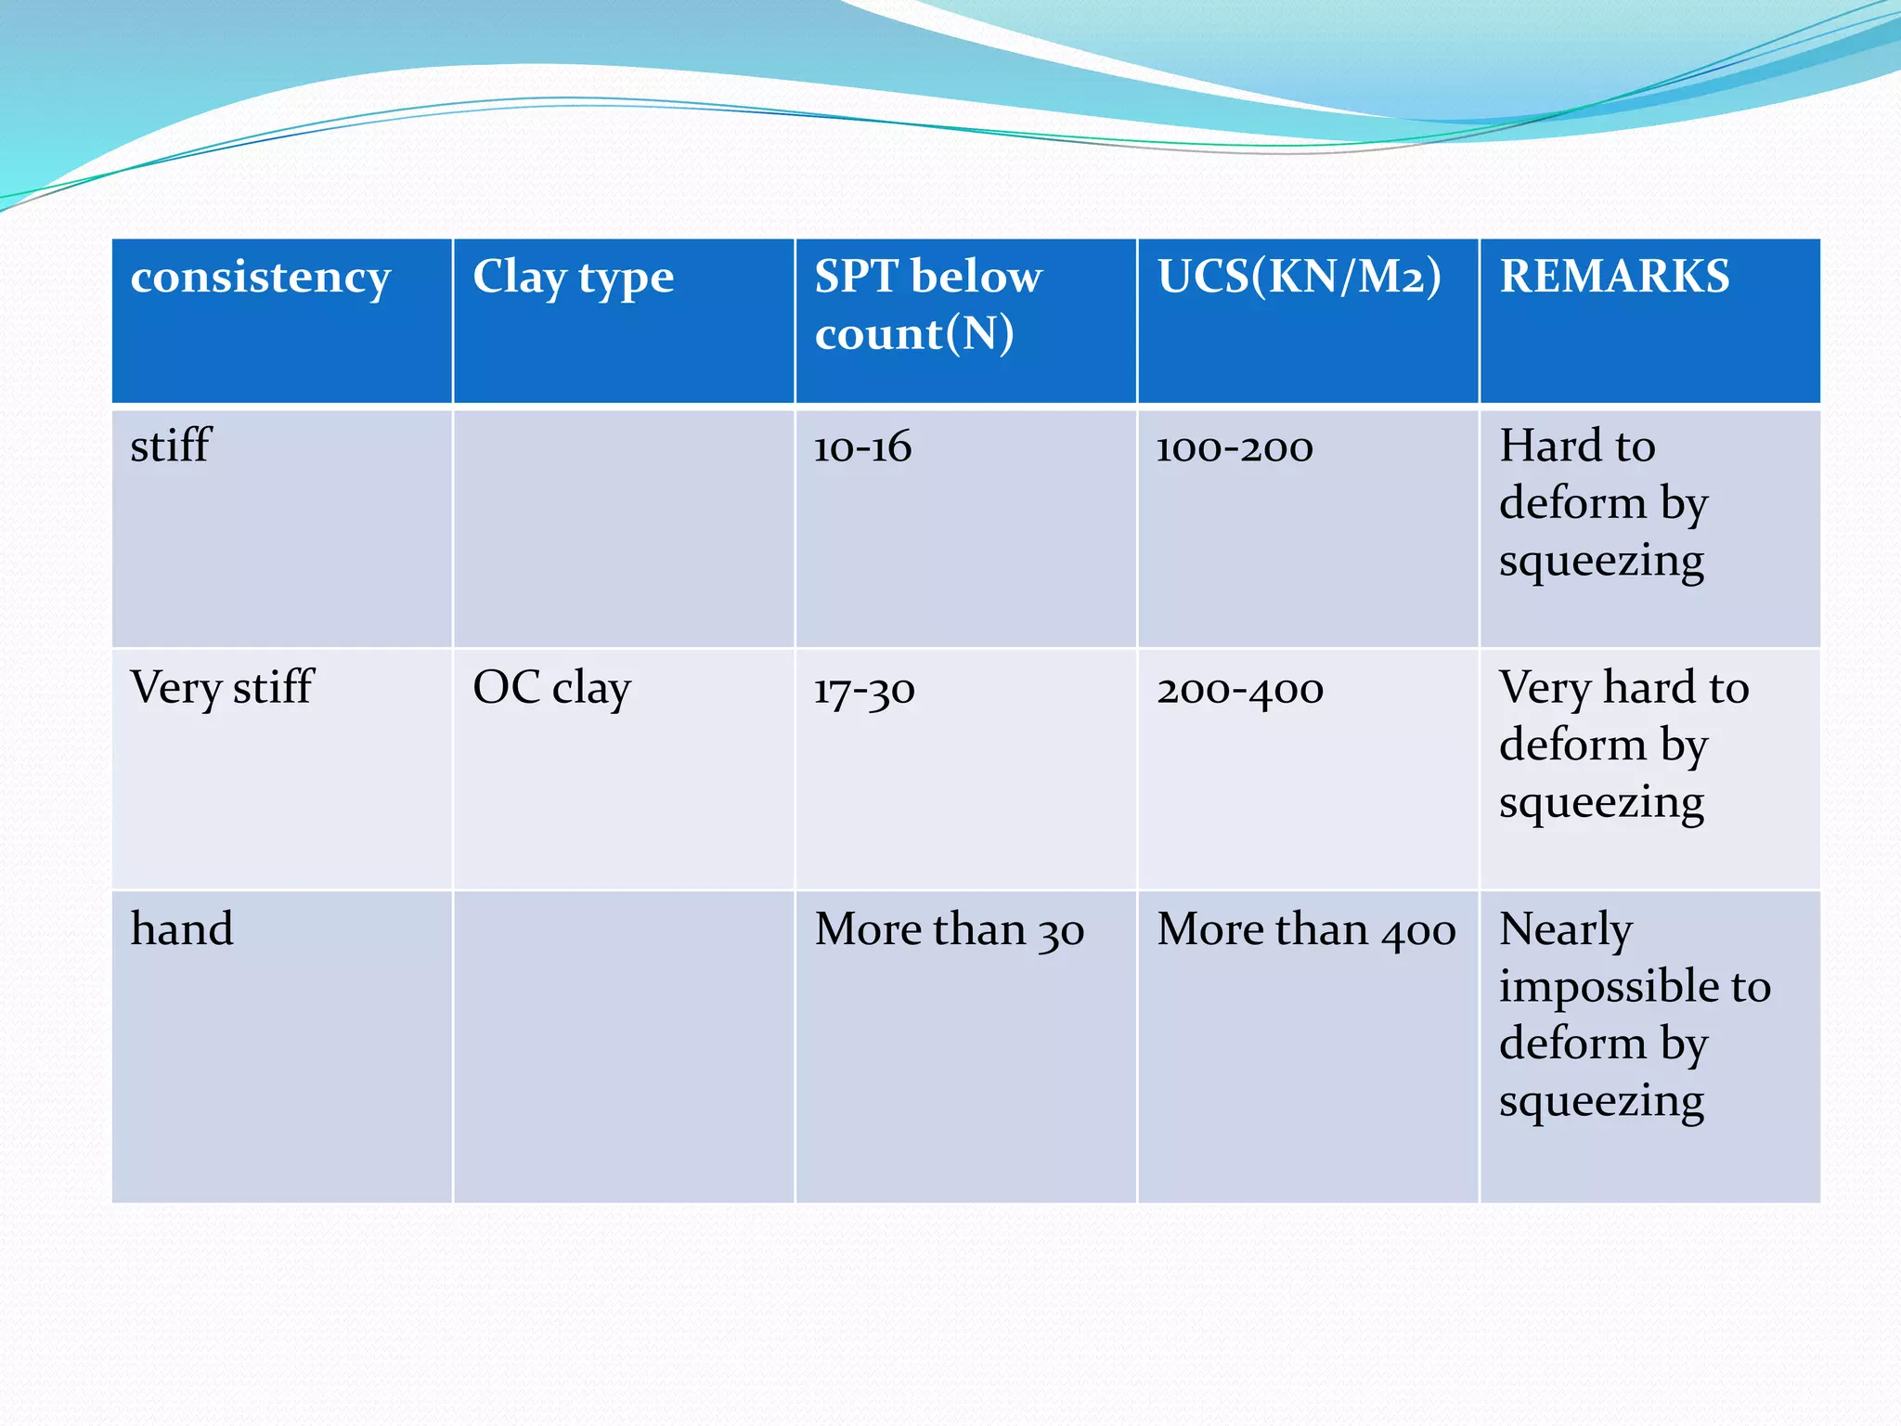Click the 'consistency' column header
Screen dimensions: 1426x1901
(x=260, y=278)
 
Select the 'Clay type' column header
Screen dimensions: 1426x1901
(x=573, y=278)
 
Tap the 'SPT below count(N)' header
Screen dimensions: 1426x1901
(x=928, y=305)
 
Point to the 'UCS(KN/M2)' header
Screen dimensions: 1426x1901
(x=1299, y=277)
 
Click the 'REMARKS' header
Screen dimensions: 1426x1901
(x=1614, y=277)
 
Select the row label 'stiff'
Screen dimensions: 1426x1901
(x=171, y=446)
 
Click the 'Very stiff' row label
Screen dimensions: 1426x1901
(x=222, y=688)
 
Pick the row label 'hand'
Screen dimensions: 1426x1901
(x=182, y=929)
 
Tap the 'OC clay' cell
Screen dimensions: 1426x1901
(x=551, y=688)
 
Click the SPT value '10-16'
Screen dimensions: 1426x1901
(x=862, y=447)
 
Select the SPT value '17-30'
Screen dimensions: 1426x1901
(x=864, y=690)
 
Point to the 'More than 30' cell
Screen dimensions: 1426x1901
(x=949, y=930)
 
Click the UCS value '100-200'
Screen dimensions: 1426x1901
(x=1234, y=447)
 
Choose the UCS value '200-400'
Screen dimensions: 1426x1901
(x=1239, y=690)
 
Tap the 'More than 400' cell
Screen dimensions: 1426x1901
(x=1306, y=930)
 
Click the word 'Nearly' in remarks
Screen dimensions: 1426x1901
(x=1565, y=930)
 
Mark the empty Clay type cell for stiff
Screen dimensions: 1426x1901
(x=623, y=527)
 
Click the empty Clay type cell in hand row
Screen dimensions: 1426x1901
(x=623, y=1046)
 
